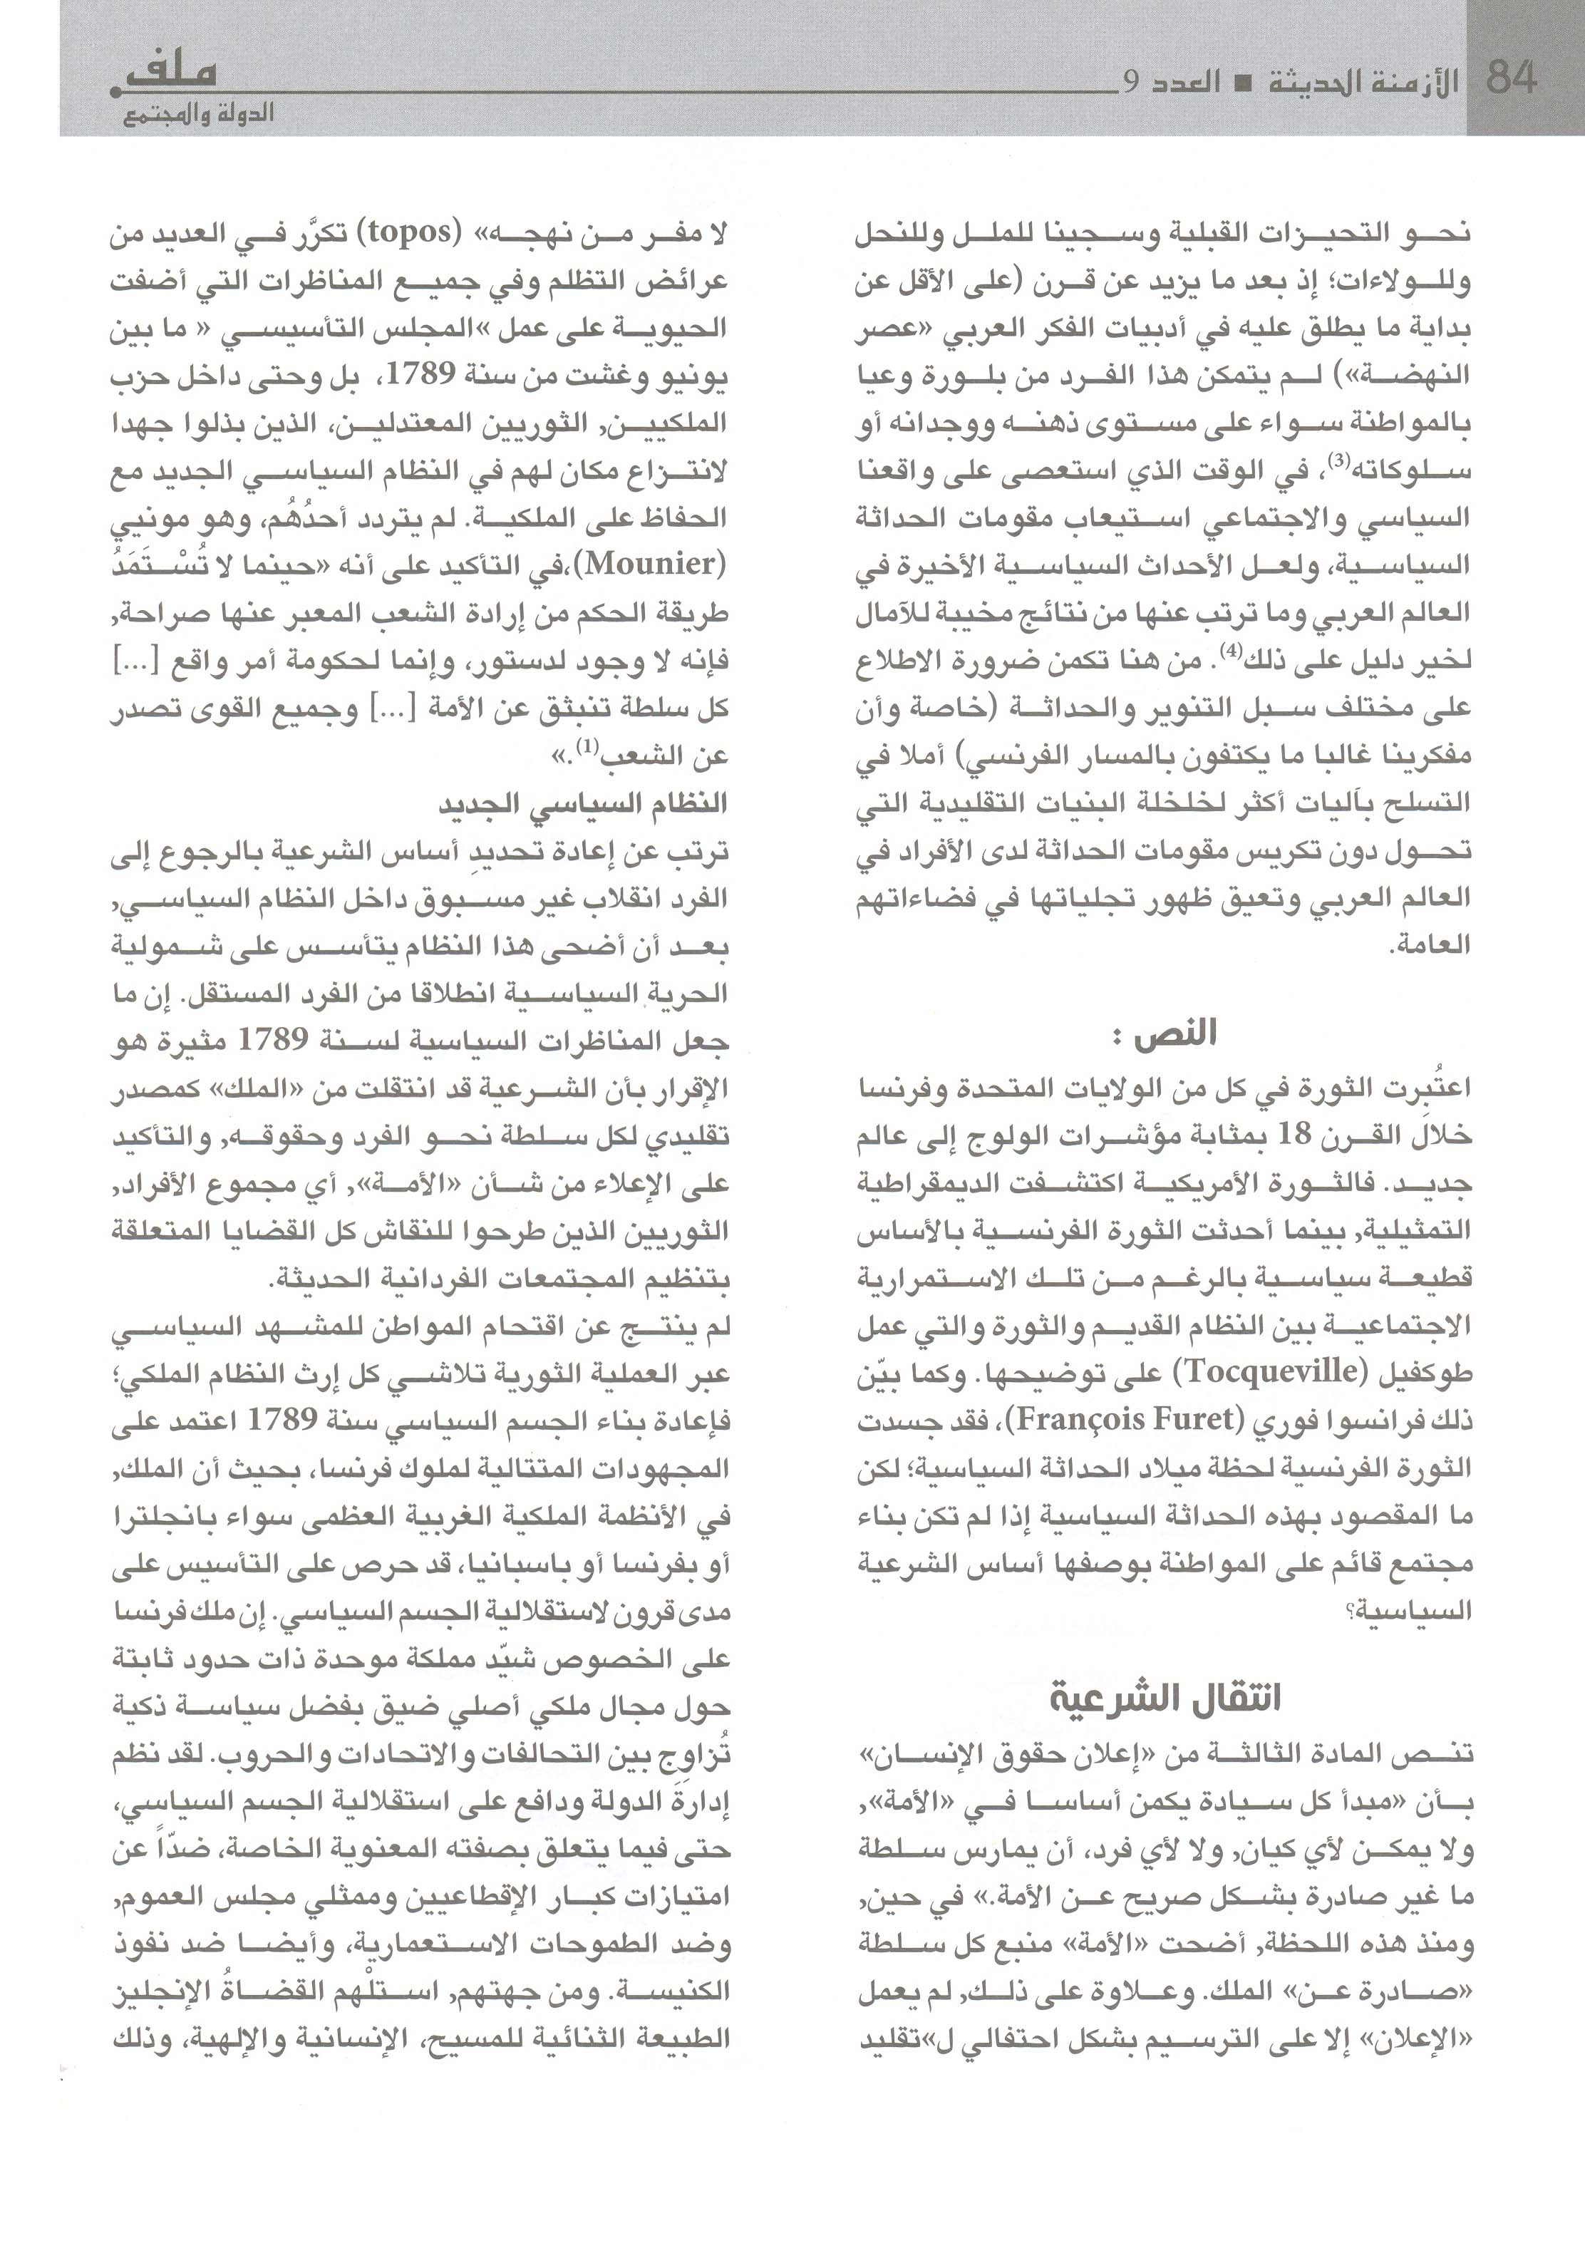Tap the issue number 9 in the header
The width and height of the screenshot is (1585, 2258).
pos(1131,83)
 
